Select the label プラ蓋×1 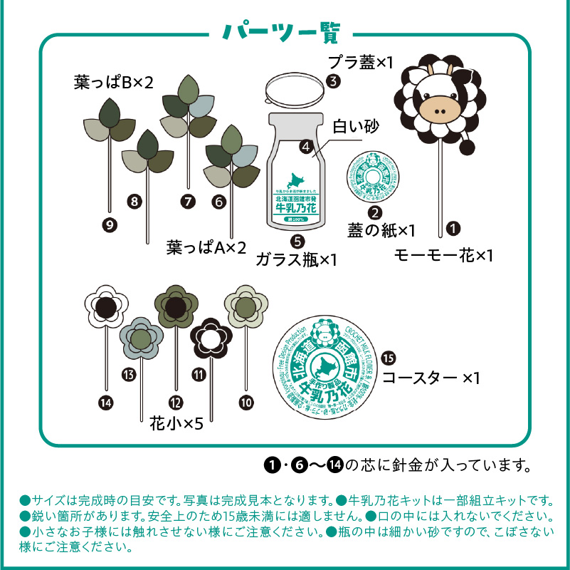pos(361,62)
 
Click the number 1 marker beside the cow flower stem pos(452,229)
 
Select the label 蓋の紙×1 pos(381,230)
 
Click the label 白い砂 pos(357,128)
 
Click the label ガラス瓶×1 pos(296,259)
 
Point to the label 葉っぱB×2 pos(114,83)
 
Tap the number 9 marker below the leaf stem pos(110,225)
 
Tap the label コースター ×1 pos(431,377)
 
